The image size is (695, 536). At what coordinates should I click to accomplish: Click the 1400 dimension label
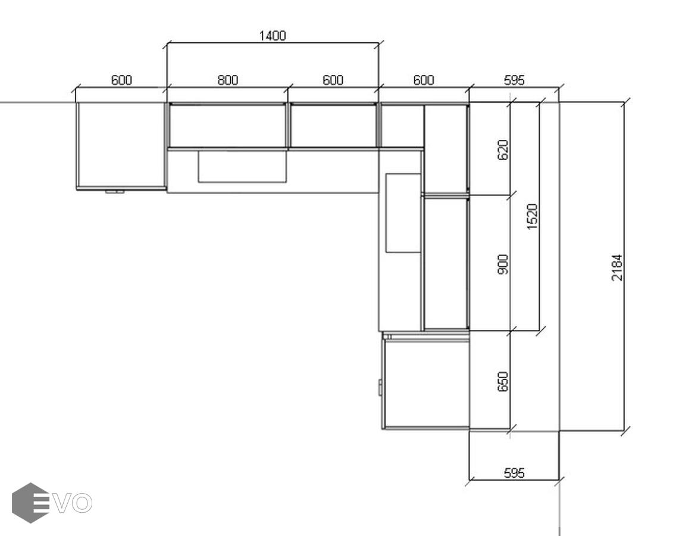click(x=272, y=36)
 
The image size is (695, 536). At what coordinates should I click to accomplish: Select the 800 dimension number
click(x=227, y=80)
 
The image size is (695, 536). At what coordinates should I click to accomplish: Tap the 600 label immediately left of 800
click(x=121, y=80)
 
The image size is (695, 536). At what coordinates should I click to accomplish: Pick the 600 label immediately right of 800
click(x=333, y=80)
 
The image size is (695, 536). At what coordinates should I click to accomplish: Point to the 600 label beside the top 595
click(x=423, y=80)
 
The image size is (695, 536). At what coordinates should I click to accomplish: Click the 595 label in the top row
click(x=514, y=80)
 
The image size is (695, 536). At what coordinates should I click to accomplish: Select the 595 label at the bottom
click(x=514, y=473)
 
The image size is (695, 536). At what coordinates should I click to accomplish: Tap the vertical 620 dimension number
click(x=503, y=149)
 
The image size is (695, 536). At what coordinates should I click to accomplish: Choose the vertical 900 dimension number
click(x=503, y=264)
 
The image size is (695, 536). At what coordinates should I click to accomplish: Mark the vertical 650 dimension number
click(x=503, y=382)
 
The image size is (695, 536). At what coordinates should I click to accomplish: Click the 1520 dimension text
click(x=533, y=217)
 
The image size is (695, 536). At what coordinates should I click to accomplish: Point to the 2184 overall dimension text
click(x=617, y=267)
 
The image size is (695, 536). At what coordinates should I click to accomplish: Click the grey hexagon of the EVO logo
click(x=30, y=503)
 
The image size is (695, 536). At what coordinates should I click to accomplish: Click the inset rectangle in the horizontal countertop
click(x=242, y=166)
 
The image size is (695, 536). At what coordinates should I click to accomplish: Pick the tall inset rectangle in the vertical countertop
click(x=403, y=213)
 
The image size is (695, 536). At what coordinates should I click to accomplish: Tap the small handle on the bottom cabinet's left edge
click(x=380, y=387)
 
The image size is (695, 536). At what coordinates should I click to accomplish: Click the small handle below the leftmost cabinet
click(x=114, y=192)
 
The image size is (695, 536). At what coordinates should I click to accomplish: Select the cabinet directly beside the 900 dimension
click(x=446, y=263)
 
